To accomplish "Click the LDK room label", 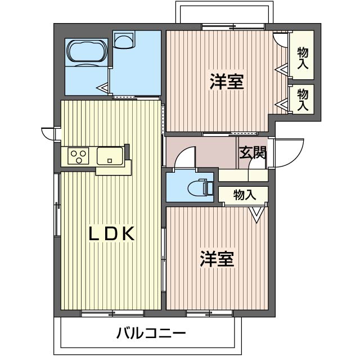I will [x=111, y=234].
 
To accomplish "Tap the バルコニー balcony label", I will [x=151, y=334].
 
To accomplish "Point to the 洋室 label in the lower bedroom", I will [x=217, y=259].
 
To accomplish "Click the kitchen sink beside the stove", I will [x=110, y=156].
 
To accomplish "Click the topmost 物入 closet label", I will [x=303, y=58].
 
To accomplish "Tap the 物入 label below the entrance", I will [x=244, y=195].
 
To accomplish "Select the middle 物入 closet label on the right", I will [x=303, y=99].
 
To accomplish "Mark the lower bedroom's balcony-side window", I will [x=209, y=313].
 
